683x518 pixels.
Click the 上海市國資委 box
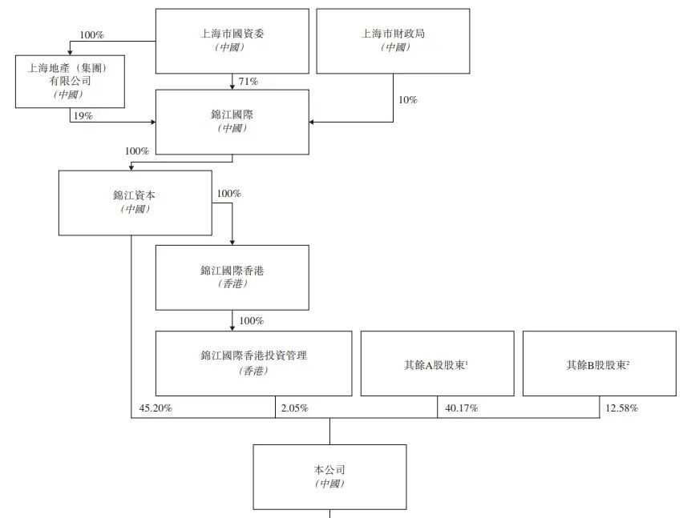(x=232, y=41)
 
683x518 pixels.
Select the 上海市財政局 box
(x=393, y=41)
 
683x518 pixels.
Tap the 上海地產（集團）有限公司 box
(x=70, y=81)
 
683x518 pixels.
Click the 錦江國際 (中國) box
(x=232, y=122)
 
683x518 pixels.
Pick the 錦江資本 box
(x=135, y=203)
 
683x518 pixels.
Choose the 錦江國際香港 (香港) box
(x=232, y=277)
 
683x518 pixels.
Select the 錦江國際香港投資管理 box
(x=253, y=363)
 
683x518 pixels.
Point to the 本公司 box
(x=329, y=476)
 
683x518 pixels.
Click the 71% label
(x=248, y=82)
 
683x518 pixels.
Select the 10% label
(x=408, y=100)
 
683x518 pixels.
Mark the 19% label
(x=82, y=116)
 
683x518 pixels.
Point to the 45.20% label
(x=156, y=408)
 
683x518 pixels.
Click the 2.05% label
(x=294, y=408)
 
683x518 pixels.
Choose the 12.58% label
(x=622, y=408)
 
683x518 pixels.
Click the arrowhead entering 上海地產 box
(x=70, y=52)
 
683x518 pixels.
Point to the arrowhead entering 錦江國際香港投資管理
(x=232, y=328)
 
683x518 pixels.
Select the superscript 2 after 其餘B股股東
(x=628, y=361)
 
